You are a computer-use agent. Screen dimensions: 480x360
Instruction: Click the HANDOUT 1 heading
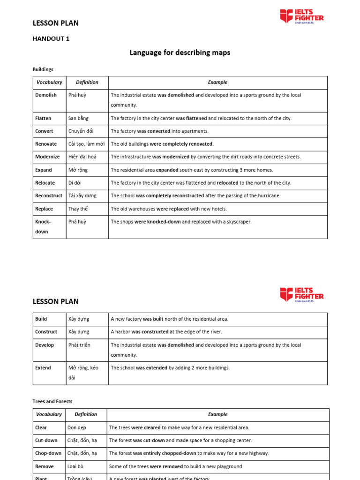(51, 39)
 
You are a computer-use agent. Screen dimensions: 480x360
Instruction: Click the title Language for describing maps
(180, 53)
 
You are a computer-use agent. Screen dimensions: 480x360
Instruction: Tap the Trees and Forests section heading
(52, 402)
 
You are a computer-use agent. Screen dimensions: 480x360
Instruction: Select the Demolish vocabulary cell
(46, 95)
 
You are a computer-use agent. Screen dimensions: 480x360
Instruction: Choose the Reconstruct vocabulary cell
(49, 196)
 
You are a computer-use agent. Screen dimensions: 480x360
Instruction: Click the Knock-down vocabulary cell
(43, 226)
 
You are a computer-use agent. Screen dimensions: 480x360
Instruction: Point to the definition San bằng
(78, 119)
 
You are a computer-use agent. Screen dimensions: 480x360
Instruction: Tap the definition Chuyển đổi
(81, 131)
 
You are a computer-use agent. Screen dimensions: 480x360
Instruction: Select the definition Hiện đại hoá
(82, 157)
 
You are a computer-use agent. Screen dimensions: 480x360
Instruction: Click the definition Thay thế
(78, 209)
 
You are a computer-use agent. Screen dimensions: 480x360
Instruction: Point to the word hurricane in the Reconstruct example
(267, 196)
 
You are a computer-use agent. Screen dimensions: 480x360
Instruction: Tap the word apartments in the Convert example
(196, 131)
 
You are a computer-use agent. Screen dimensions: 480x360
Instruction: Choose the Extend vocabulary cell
(43, 368)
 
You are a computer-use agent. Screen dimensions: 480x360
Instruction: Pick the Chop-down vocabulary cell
(48, 453)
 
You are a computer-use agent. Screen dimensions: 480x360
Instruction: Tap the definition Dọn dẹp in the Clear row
(77, 427)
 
